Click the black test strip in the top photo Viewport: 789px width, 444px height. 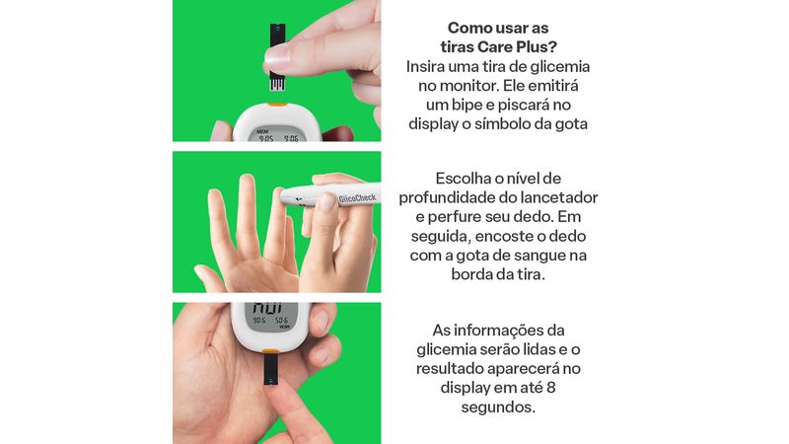click(277, 56)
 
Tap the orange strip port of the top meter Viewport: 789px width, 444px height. click(277, 105)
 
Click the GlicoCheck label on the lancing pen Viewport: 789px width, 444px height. click(357, 198)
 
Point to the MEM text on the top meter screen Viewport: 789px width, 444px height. click(262, 131)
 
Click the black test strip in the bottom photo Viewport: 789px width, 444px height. click(270, 369)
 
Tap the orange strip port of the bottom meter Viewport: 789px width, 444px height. click(271, 351)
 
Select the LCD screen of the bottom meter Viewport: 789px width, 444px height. click(272, 317)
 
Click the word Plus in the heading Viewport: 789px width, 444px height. click(538, 46)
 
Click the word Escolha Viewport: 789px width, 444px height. click(464, 179)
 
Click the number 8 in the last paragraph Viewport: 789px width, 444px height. click(551, 388)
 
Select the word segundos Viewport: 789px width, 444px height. click(498, 407)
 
